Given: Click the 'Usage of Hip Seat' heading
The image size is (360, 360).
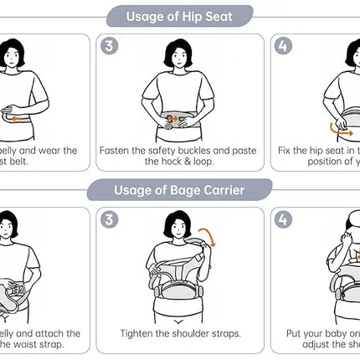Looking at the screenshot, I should (x=179, y=15).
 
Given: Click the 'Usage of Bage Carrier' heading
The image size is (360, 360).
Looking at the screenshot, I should (x=179, y=190).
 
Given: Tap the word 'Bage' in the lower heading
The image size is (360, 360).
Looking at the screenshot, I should (x=177, y=190).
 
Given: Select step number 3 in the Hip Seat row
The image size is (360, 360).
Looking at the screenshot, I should (x=110, y=46).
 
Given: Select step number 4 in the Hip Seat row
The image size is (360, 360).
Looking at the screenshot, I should (x=284, y=46).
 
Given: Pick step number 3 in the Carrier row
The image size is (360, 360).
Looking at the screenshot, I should (x=110, y=220).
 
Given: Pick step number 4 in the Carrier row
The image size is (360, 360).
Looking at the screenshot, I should (x=284, y=220).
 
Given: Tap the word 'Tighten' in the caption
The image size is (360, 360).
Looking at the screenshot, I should (x=139, y=332).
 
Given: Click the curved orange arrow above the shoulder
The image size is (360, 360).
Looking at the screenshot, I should (x=208, y=238).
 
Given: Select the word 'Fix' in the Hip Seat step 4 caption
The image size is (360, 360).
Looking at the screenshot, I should (x=286, y=151).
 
